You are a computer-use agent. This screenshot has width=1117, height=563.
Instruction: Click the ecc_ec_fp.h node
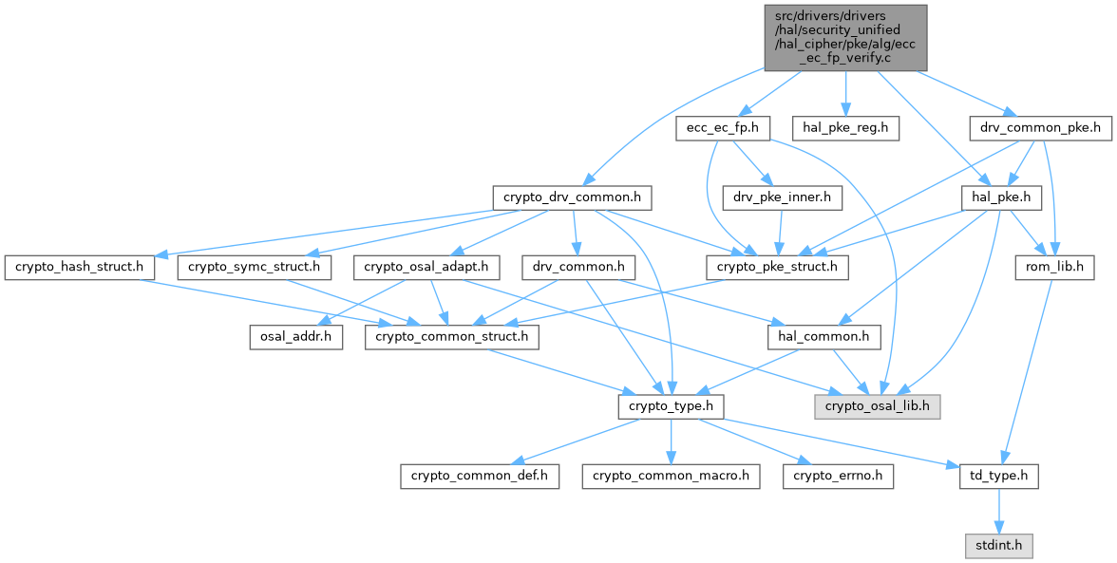(722, 128)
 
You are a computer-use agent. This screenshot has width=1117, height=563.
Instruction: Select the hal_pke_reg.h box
(845, 128)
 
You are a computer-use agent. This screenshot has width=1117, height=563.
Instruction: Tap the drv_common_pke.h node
(1040, 128)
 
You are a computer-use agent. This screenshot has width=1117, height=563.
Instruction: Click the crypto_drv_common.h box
(573, 198)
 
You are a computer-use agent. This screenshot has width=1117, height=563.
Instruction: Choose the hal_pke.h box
(1002, 198)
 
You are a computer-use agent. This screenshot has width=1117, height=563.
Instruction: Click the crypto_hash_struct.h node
(79, 268)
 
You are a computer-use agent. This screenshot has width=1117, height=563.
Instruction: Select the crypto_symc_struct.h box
(254, 268)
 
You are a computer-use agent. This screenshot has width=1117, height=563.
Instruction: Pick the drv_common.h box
(578, 268)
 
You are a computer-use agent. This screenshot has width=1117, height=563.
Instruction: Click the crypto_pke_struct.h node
(778, 268)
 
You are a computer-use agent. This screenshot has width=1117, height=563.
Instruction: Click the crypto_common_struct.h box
(453, 337)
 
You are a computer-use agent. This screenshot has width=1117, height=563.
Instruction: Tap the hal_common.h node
(824, 337)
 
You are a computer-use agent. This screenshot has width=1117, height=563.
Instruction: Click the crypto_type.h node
(672, 406)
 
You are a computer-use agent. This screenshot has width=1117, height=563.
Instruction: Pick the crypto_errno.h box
(838, 476)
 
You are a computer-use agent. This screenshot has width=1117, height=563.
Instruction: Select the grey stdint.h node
(997, 546)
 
